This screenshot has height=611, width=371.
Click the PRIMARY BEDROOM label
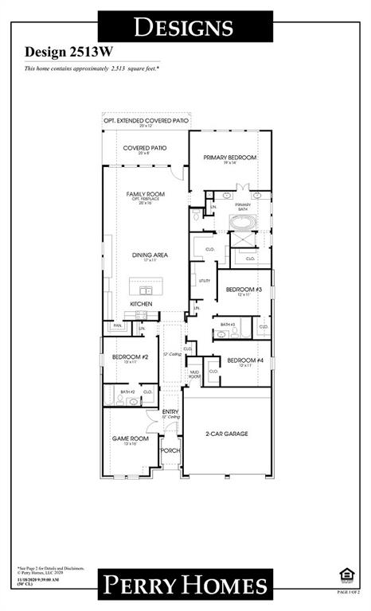point(230,158)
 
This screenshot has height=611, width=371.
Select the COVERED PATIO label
point(144,149)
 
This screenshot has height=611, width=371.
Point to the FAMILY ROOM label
point(145,194)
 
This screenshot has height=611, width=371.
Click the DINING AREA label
point(145,255)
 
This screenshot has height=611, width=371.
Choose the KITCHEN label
point(142,305)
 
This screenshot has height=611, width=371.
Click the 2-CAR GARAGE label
point(227,434)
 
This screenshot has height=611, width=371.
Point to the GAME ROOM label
point(129,438)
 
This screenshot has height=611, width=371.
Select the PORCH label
point(170,450)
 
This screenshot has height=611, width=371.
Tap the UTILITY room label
point(204,281)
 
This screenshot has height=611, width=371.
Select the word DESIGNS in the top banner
point(184,27)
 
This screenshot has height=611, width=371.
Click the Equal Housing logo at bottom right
point(344,575)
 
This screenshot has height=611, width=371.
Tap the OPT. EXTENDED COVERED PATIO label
point(146,120)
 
